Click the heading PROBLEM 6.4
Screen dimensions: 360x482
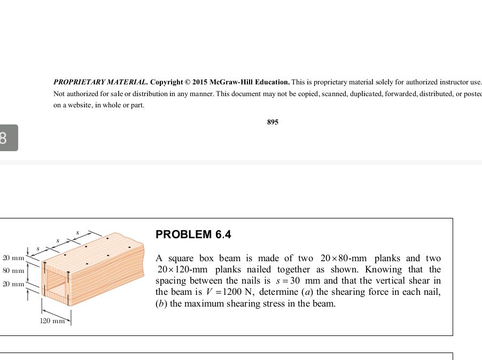(x=193, y=234)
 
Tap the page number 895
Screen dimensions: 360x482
(x=273, y=122)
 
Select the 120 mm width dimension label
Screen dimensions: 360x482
(x=52, y=320)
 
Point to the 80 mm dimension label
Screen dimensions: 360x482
(x=14, y=271)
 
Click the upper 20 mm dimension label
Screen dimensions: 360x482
(x=14, y=258)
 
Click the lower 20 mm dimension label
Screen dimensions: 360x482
(x=14, y=284)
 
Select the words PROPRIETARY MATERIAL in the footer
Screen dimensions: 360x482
(x=100, y=82)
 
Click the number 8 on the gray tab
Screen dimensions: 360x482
(x=4, y=138)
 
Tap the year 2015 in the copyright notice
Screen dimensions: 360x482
(x=199, y=82)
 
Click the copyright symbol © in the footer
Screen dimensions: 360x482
(x=187, y=82)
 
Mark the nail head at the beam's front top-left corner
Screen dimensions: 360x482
(x=45, y=263)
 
